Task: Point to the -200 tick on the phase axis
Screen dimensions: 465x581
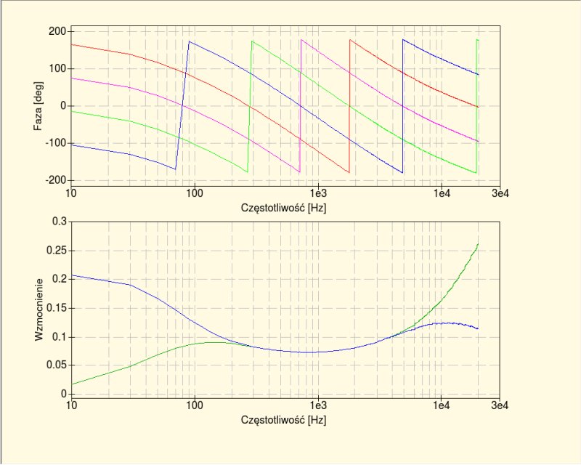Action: click(x=57, y=180)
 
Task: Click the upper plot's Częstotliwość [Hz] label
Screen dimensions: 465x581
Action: click(x=285, y=208)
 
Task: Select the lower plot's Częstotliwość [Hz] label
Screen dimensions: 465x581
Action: click(x=285, y=420)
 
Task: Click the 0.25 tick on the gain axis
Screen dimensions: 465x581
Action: click(x=57, y=250)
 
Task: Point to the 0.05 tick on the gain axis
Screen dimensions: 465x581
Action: click(x=57, y=365)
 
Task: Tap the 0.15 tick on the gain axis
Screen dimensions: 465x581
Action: click(x=57, y=308)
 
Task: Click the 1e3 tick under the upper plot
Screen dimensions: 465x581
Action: click(x=317, y=195)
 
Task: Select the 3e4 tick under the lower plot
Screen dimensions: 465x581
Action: click(x=499, y=406)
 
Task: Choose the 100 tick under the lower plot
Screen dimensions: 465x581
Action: click(x=194, y=406)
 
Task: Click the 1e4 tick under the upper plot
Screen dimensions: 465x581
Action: click(x=441, y=195)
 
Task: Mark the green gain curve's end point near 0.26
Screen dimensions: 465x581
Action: click(x=477, y=245)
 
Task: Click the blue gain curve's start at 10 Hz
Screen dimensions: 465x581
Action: click(x=71, y=275)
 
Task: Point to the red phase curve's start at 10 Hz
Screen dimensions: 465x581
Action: click(x=71, y=45)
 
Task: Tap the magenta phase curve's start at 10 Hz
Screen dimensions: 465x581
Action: click(x=71, y=78)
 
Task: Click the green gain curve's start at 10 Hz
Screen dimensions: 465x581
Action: click(x=71, y=384)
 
